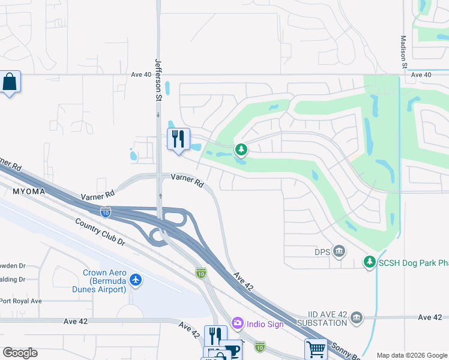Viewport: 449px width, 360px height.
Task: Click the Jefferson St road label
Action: click(159, 79)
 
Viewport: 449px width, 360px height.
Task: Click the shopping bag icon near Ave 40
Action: click(10, 82)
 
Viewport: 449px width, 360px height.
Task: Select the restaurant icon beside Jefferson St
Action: click(178, 139)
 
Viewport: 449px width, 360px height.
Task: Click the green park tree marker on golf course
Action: click(241, 149)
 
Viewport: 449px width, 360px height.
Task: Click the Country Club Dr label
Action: click(100, 232)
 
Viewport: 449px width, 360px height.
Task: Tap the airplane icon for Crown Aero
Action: click(136, 280)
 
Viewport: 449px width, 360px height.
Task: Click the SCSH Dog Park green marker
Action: click(369, 262)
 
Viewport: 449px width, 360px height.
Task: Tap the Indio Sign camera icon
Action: click(237, 324)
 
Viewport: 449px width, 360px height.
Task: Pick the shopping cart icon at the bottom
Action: click(316, 348)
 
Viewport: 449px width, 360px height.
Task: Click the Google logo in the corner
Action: click(20, 353)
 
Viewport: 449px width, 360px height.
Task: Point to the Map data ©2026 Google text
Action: click(411, 355)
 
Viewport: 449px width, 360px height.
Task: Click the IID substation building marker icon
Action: click(357, 317)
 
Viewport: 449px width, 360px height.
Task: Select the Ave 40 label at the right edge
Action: click(421, 74)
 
